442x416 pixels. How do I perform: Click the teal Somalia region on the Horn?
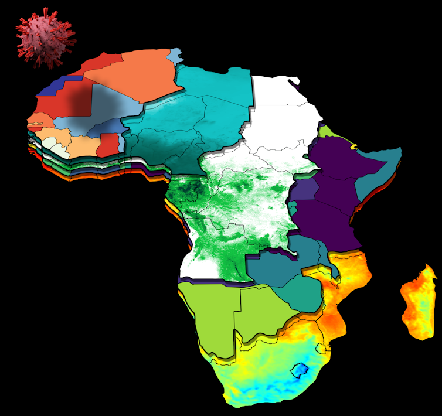click(x=375, y=176)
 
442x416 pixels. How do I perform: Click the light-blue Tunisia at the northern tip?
click(x=175, y=56)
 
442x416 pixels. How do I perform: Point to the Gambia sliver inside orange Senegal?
click(x=35, y=124)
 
